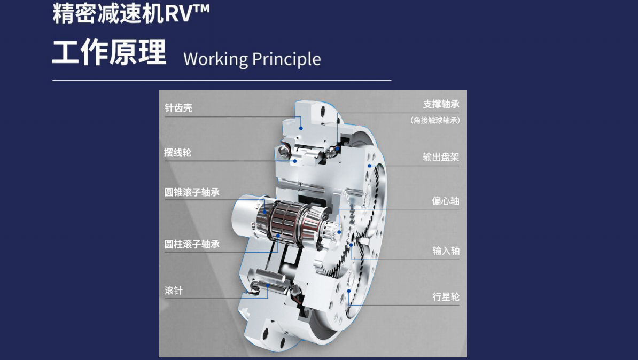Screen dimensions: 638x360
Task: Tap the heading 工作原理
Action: point(109,52)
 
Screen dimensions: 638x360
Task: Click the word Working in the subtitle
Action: point(216,59)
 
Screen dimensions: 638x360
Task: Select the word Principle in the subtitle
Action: point(286,59)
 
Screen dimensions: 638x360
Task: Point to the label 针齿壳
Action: point(178,108)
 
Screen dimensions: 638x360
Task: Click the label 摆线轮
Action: point(177,153)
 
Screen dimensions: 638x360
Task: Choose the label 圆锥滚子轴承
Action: point(192,192)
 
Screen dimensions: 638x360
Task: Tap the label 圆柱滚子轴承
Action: point(192,244)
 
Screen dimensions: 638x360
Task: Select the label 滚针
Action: point(174,291)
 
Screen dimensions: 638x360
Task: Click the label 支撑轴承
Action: point(441,104)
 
